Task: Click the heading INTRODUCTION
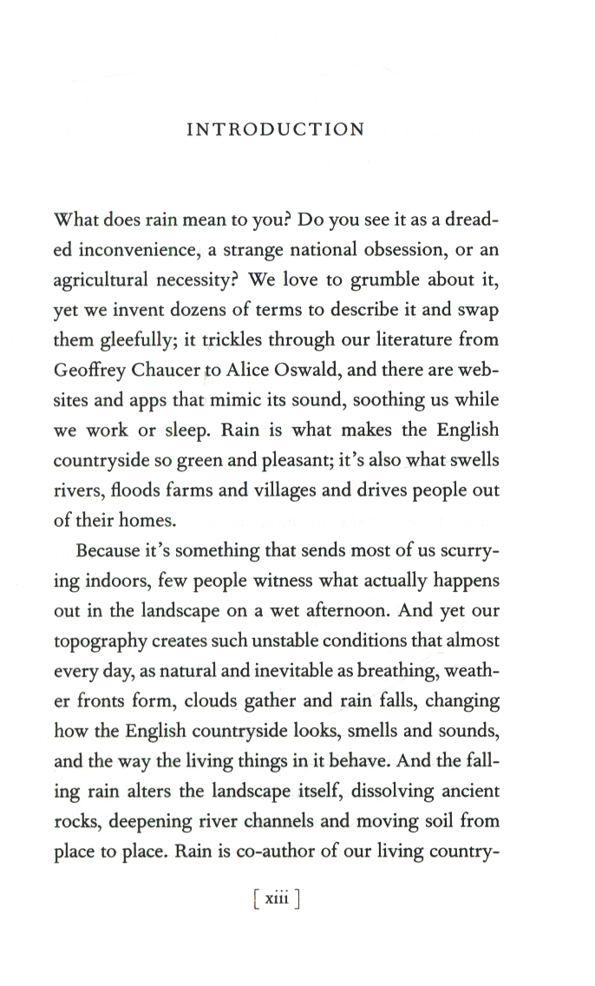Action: coord(276,130)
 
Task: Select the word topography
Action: coord(119,641)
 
